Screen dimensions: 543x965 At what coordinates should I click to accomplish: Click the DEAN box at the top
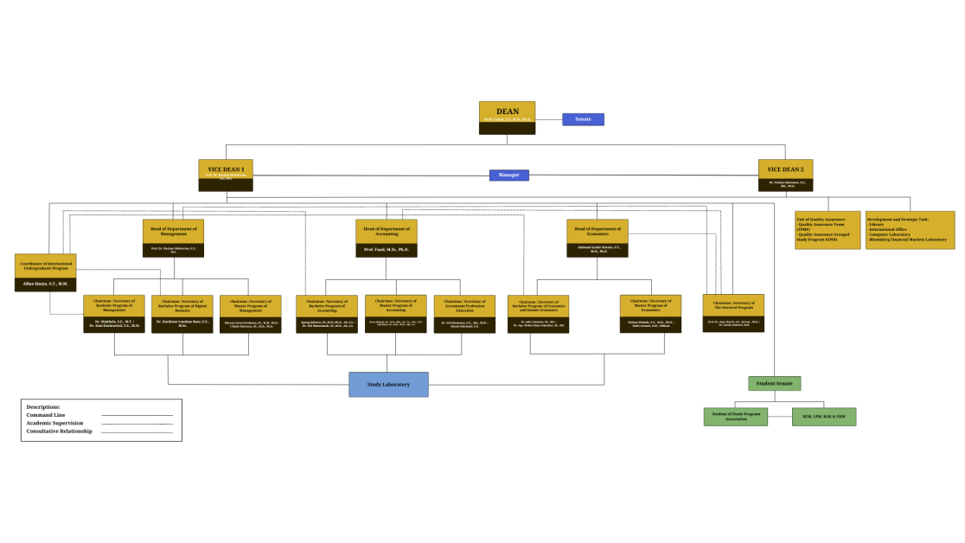click(x=507, y=118)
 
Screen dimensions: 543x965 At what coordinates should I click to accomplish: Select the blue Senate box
click(x=583, y=119)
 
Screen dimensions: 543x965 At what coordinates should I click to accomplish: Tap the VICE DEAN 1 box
click(x=226, y=175)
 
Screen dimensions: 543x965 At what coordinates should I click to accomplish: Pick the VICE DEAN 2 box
click(x=785, y=175)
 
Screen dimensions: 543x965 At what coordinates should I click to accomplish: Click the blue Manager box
click(x=508, y=175)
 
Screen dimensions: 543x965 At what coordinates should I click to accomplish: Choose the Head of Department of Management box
click(x=173, y=238)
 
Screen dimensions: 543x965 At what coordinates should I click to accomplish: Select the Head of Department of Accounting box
click(x=386, y=238)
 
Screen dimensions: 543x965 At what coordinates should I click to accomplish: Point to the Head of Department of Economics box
click(x=597, y=238)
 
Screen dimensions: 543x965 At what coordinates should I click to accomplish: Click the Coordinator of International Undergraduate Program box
click(x=45, y=272)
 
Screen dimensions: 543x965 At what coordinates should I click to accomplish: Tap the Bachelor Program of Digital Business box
click(x=182, y=314)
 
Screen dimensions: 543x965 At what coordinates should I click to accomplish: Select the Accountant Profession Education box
click(x=464, y=315)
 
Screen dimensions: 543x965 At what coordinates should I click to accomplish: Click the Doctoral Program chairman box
click(x=733, y=313)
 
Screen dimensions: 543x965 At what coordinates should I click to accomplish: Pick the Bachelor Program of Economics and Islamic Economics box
click(x=538, y=315)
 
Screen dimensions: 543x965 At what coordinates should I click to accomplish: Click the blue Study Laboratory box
click(x=388, y=384)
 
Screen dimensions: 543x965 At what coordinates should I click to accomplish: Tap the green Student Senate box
click(x=774, y=383)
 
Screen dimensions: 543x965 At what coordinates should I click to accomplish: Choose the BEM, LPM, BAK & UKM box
click(x=823, y=417)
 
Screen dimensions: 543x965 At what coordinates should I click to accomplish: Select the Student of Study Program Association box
click(x=735, y=417)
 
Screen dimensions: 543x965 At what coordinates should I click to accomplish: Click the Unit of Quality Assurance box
click(x=828, y=230)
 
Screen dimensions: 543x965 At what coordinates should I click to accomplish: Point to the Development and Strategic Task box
click(x=910, y=230)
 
